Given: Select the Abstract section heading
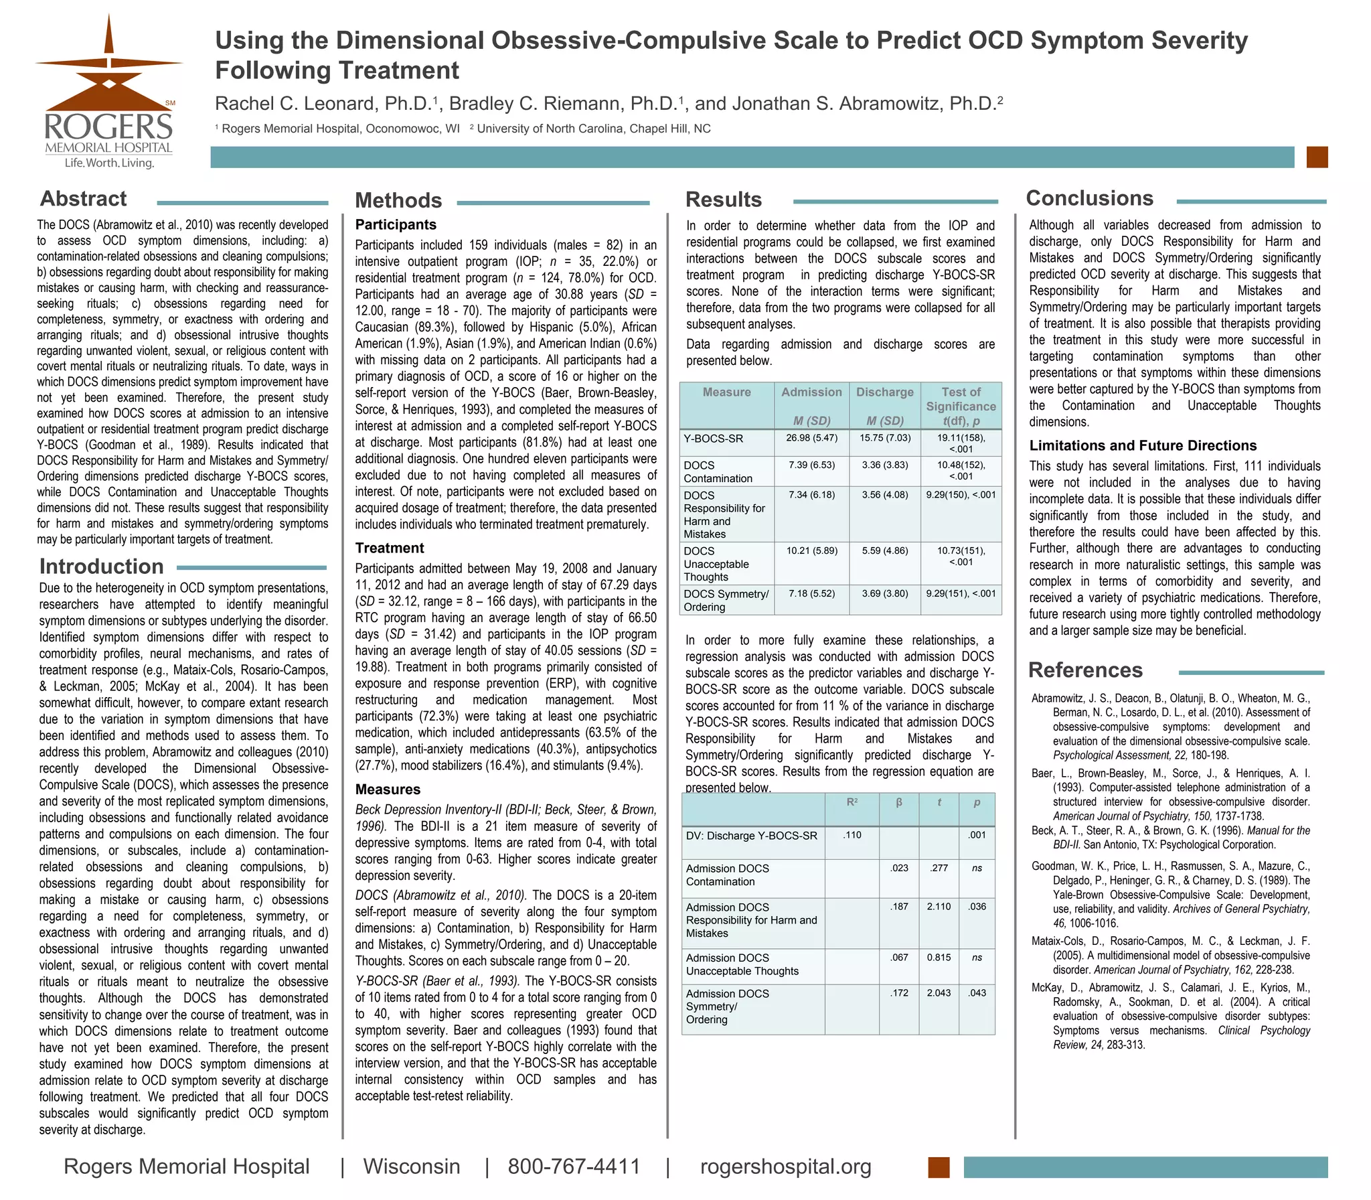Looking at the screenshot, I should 83,199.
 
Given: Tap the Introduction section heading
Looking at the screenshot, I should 101,567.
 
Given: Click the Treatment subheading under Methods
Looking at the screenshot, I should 389,548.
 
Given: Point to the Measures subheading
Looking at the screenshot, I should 388,790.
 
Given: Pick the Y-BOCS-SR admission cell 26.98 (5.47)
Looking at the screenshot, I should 811,438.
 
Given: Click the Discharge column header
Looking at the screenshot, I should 884,392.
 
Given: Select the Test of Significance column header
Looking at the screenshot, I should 961,399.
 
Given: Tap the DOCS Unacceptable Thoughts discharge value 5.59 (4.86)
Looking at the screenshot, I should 884,551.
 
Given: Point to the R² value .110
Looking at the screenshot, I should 852,835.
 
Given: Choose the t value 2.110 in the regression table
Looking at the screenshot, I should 939,907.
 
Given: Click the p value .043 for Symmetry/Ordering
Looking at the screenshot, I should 977,993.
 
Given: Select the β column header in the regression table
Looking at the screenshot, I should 899,802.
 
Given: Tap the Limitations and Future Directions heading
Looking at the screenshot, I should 1143,446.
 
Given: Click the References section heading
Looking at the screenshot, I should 1085,670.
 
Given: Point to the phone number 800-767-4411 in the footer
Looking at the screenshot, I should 574,1167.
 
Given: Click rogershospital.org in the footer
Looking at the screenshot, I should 785,1167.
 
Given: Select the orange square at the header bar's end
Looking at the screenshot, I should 1317,157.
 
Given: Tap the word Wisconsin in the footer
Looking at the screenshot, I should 411,1167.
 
